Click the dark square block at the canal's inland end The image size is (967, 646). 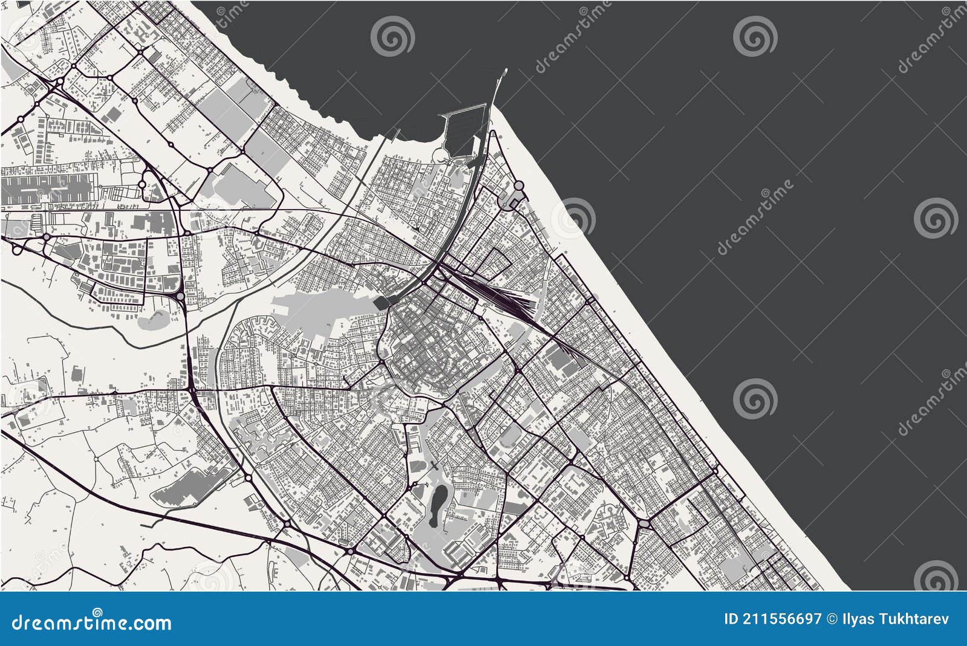click(x=382, y=303)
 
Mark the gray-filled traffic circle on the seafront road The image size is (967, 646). click(x=519, y=186)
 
